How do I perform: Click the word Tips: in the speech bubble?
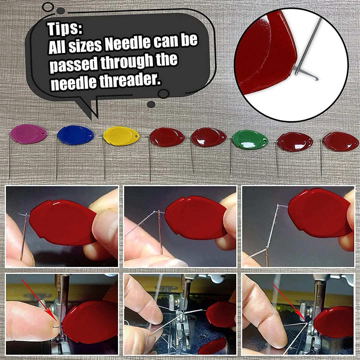tap(65, 28)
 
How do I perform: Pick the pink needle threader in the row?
tap(29, 134)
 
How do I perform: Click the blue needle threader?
tap(75, 135)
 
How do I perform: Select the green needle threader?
tap(250, 140)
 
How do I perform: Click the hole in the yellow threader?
tap(137, 137)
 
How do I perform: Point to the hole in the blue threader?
tap(91, 135)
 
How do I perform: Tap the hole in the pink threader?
tap(44, 134)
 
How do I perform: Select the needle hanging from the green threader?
tap(230, 155)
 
